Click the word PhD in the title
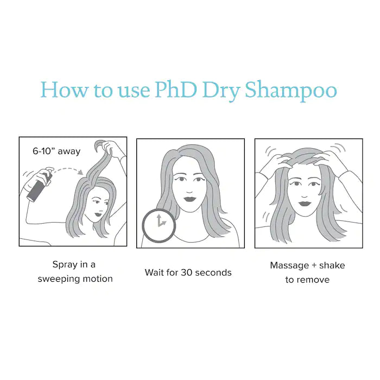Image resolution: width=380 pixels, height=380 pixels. (176, 90)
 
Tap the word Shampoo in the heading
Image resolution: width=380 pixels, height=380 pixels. (291, 91)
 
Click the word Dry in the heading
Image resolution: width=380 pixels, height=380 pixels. (221, 92)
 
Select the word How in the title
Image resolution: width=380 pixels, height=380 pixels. (64, 90)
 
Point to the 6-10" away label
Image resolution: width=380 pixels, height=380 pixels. (56, 151)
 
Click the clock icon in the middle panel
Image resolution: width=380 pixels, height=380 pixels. (159, 226)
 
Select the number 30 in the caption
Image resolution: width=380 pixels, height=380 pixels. (186, 273)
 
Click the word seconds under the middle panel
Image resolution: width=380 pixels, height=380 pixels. (213, 273)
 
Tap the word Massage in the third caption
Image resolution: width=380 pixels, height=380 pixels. (289, 266)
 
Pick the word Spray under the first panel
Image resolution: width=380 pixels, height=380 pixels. (65, 265)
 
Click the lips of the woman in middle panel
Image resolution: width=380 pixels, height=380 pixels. (190, 199)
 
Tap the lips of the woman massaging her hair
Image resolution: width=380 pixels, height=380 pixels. (305, 204)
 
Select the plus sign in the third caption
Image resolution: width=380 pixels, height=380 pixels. (314, 265)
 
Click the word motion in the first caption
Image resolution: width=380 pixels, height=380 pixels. (98, 279)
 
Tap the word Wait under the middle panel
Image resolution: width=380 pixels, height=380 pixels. (154, 273)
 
